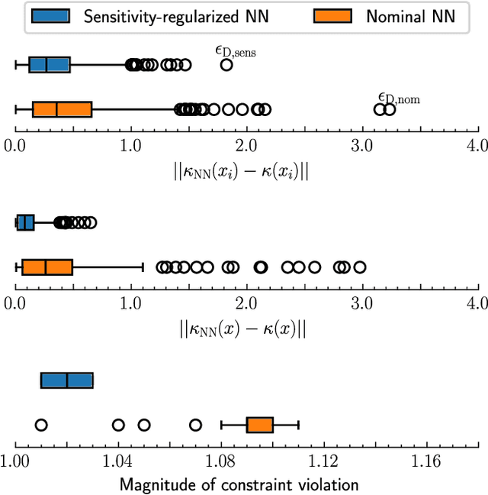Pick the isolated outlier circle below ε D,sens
(x=226, y=65)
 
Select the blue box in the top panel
(x=50, y=65)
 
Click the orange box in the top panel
(x=62, y=109)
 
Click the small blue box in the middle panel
(x=26, y=223)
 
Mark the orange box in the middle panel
(x=47, y=267)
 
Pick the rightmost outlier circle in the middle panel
(x=360, y=267)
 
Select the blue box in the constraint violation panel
(x=67, y=380)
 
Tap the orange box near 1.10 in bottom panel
(x=260, y=425)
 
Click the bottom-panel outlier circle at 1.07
(x=195, y=425)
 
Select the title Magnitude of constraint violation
(x=239, y=484)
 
